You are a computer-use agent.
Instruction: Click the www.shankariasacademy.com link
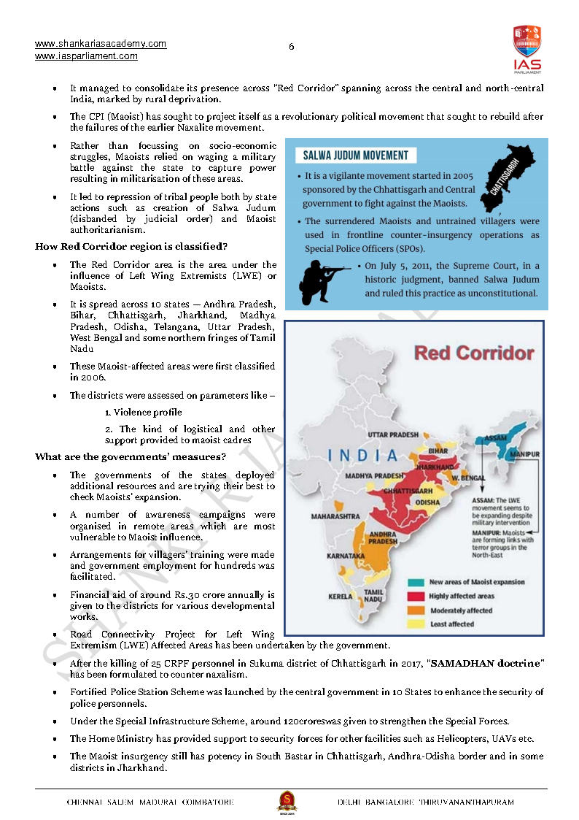[x=101, y=44]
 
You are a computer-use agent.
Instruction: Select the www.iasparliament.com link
[x=86, y=56]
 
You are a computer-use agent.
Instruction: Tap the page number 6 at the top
[x=292, y=47]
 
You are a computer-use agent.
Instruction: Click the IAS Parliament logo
[x=526, y=48]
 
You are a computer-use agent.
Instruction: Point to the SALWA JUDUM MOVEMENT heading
[x=356, y=156]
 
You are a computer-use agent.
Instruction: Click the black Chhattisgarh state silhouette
[x=505, y=175]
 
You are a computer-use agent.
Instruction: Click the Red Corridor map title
[x=474, y=353]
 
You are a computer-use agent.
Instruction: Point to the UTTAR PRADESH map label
[x=393, y=435]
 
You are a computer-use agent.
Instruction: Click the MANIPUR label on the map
[x=524, y=454]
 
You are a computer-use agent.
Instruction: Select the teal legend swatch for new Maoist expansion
[x=416, y=582]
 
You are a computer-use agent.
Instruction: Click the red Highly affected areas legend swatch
[x=416, y=596]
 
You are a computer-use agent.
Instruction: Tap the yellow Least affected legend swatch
[x=416, y=624]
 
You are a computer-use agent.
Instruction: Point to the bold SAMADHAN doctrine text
[x=488, y=662]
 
